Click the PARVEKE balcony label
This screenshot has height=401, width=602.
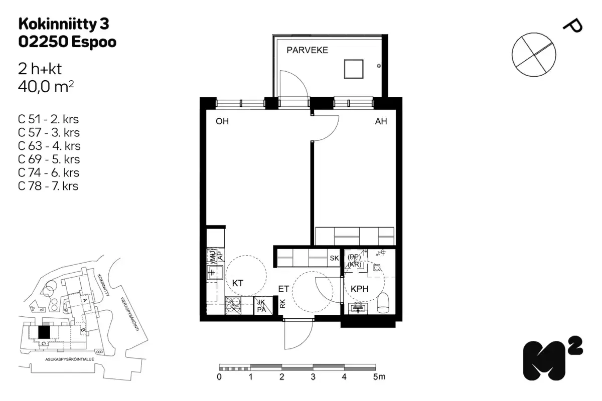tap(307, 50)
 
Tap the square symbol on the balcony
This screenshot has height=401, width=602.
tap(354, 68)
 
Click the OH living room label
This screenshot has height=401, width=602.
tap(222, 121)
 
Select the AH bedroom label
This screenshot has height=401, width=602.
tap(381, 121)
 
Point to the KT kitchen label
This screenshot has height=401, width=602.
tap(238, 283)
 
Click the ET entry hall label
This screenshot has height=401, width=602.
tap(283, 289)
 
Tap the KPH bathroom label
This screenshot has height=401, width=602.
tap(360, 289)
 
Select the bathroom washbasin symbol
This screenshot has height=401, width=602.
tap(358, 307)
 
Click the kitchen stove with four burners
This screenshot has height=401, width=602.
tap(233, 305)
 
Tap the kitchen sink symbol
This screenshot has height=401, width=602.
tap(216, 273)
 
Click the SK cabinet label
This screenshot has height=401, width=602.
tap(334, 259)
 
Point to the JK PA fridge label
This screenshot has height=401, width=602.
tap(261, 305)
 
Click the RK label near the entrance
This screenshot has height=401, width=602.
tap(282, 304)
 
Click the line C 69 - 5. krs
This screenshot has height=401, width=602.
tap(49, 159)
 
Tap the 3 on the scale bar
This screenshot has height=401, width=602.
tap(313, 377)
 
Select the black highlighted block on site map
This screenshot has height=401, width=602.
tap(45, 331)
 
